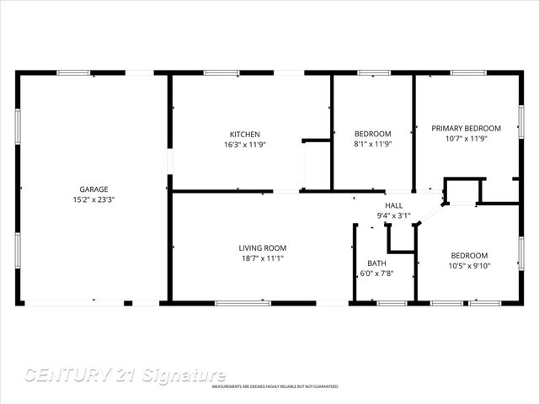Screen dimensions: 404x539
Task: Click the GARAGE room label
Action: tap(93, 189)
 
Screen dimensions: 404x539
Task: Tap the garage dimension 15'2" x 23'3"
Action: tap(93, 200)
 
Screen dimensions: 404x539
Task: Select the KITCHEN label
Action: tap(245, 135)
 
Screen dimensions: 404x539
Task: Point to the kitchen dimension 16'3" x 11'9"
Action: tap(245, 145)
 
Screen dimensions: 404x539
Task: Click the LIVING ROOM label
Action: tap(263, 247)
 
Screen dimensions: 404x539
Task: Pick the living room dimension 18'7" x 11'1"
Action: tap(263, 258)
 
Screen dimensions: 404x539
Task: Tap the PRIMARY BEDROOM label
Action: tap(466, 129)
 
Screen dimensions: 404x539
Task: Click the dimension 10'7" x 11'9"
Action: tap(466, 139)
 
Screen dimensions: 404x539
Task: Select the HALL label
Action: tap(393, 205)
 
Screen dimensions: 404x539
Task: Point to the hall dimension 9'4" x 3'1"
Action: tap(393, 216)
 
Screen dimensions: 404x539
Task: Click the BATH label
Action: tap(376, 263)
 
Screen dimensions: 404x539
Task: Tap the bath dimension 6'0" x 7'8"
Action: tap(376, 274)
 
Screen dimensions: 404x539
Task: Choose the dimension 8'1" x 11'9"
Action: tap(372, 145)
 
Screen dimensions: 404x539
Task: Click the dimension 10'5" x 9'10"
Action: tap(468, 267)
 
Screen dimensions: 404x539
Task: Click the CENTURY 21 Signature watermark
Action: tap(125, 375)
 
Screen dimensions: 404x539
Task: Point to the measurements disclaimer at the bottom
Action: tap(275, 386)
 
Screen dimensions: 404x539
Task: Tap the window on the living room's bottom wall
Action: tap(243, 303)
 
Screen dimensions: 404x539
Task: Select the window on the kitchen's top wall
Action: tap(221, 73)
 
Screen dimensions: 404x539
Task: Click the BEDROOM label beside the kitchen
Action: tap(372, 135)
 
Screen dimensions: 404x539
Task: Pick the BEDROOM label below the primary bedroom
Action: tap(468, 256)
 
